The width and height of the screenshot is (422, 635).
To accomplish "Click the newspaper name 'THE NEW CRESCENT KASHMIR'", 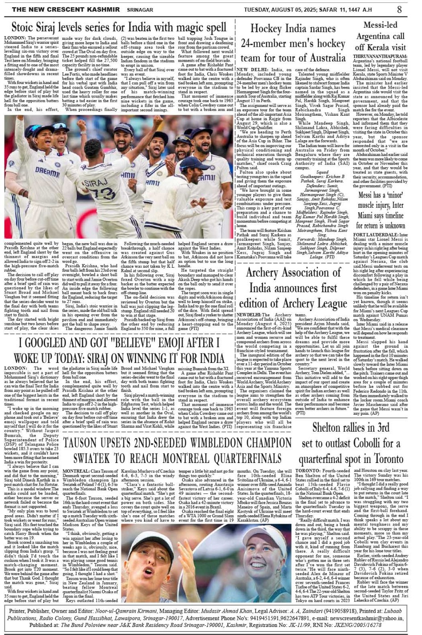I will point(63,9).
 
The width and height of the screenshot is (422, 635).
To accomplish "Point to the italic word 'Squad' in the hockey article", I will point(322,172).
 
